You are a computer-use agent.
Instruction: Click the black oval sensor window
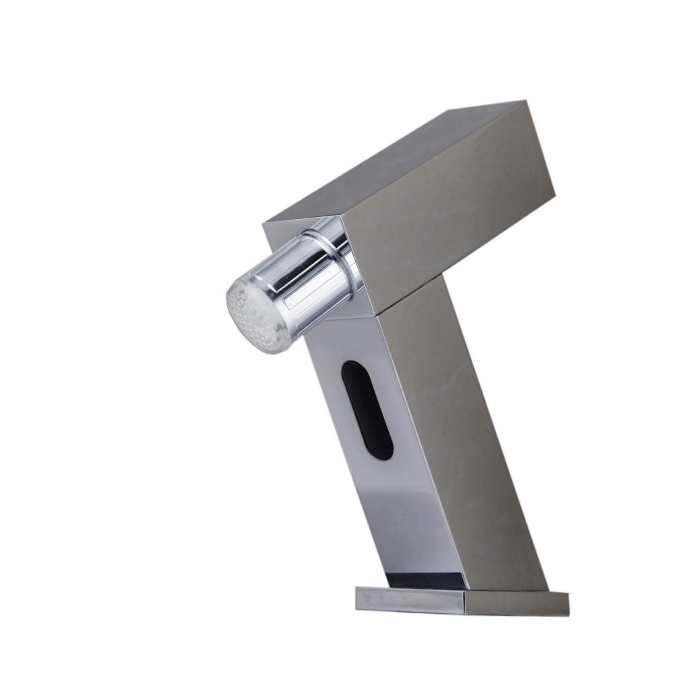coord(367,410)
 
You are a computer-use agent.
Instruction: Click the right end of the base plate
coord(567,604)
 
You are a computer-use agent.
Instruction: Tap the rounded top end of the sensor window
coord(352,368)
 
